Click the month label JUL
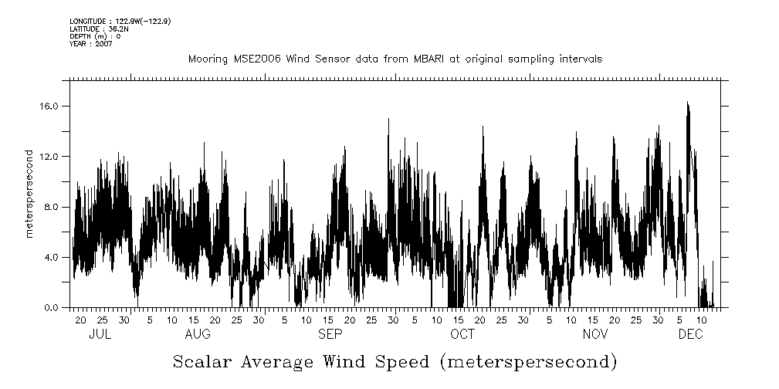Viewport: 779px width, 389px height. pyautogui.click(x=100, y=333)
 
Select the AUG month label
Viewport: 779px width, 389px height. pyautogui.click(x=198, y=333)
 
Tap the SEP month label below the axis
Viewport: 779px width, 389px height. pyautogui.click(x=330, y=333)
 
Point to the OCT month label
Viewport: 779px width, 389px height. pyautogui.click(x=462, y=333)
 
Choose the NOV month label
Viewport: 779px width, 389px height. pyautogui.click(x=595, y=333)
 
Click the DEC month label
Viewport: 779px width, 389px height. pyautogui.click(x=690, y=333)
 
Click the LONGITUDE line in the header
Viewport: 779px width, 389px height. pyautogui.click(x=120, y=21)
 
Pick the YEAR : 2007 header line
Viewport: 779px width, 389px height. pyautogui.click(x=91, y=44)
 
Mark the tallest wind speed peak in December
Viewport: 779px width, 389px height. pyautogui.click(x=687, y=103)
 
